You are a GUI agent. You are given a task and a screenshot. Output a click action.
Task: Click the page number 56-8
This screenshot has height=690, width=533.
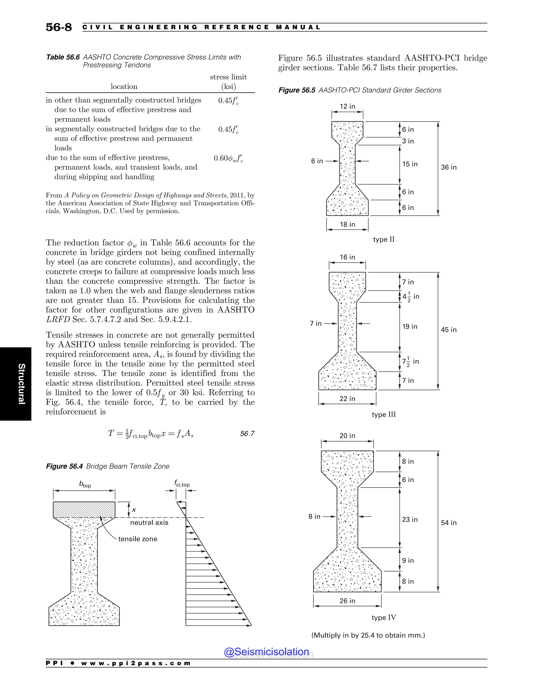[x=59, y=27]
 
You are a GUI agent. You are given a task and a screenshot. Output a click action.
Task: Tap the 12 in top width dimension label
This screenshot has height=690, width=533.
[x=347, y=106]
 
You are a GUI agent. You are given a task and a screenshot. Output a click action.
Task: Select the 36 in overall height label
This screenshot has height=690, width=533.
[x=449, y=167]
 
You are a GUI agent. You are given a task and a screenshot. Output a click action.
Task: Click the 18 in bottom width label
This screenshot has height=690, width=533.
[x=347, y=224]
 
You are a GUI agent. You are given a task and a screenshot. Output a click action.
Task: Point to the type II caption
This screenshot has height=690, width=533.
[x=384, y=239]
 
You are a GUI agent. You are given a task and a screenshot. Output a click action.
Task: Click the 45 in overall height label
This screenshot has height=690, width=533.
[x=449, y=330]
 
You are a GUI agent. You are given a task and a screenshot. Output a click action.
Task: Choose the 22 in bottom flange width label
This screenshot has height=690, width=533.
[x=347, y=399]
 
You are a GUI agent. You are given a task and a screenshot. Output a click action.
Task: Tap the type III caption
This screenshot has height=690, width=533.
[x=384, y=415]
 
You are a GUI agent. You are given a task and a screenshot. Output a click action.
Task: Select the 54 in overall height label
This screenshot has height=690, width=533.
[x=449, y=523]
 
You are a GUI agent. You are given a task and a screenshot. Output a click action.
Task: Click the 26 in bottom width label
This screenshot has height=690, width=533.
[x=347, y=601]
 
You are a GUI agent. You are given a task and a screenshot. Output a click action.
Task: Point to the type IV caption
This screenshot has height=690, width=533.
[x=384, y=617]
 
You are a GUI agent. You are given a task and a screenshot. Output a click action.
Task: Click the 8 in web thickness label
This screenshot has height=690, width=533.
[x=314, y=516]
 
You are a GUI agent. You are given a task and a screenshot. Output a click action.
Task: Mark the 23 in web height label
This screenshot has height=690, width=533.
[x=410, y=519]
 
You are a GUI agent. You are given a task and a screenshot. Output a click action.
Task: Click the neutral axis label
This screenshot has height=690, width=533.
[x=149, y=523]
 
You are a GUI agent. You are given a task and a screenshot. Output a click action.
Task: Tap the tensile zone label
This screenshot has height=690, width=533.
[x=138, y=539]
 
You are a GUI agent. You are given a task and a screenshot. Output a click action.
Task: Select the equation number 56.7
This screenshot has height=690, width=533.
[x=247, y=434]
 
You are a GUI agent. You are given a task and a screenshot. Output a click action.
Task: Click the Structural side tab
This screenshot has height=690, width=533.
[x=21, y=384]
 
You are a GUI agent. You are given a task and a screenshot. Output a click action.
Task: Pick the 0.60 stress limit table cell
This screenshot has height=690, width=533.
[x=228, y=158]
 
